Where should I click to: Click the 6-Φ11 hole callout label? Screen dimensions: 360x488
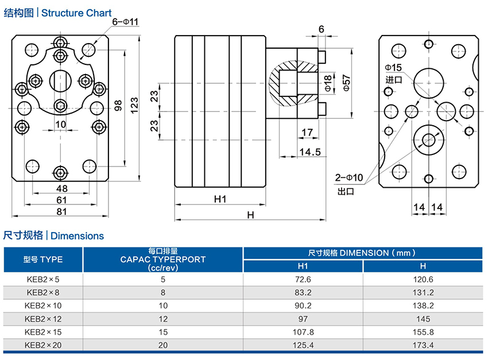[126, 21]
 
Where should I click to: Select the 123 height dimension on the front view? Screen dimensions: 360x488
[134, 105]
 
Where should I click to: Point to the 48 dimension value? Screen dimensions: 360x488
[61, 188]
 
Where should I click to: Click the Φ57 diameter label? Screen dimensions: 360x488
[346, 83]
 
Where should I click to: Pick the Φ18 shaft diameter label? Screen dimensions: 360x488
[328, 83]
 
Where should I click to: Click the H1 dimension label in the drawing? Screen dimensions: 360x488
[220, 199]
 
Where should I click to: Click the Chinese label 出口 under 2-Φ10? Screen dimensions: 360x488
[346, 191]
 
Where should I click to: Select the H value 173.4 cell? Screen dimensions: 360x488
[423, 345]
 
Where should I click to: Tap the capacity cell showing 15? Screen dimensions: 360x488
[162, 332]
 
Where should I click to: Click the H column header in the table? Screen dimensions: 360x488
[423, 266]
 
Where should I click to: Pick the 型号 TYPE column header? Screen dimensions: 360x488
[43, 260]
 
